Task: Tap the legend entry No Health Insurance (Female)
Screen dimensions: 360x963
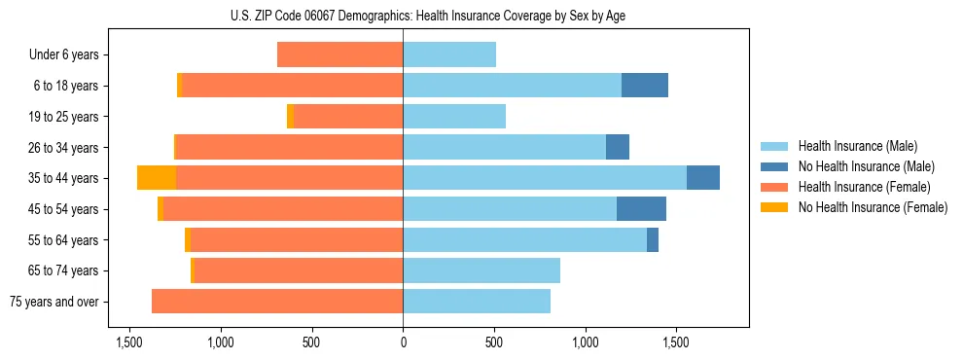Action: [873, 207]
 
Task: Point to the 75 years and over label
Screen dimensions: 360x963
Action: [53, 302]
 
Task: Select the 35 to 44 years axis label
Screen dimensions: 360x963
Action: [63, 178]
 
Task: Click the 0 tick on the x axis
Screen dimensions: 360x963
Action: [403, 342]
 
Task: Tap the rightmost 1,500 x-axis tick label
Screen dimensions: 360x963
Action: [677, 342]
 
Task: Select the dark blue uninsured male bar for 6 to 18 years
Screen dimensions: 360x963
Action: [645, 86]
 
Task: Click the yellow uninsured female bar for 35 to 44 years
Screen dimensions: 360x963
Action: [157, 178]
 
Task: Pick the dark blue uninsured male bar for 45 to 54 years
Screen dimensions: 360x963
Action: [641, 209]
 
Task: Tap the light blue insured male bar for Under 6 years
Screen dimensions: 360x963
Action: [449, 55]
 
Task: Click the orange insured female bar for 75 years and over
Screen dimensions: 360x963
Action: [277, 302]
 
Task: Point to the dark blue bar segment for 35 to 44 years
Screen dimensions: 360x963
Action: [703, 178]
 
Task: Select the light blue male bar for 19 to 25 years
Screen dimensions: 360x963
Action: [454, 117]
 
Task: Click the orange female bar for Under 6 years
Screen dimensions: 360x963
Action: [340, 55]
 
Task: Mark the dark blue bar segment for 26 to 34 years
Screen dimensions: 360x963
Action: [618, 147]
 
